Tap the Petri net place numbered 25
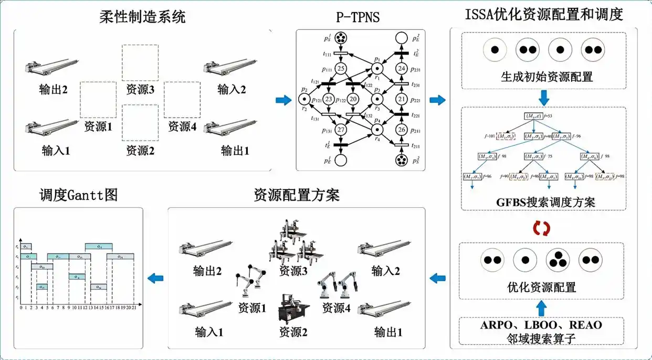(x=342, y=69)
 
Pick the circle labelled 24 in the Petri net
(x=402, y=69)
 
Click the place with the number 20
(x=353, y=99)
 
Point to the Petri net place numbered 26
(x=402, y=130)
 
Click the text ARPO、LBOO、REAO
(x=541, y=325)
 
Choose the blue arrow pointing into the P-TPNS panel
(x=283, y=100)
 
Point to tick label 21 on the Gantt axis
(x=134, y=308)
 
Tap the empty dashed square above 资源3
(x=140, y=62)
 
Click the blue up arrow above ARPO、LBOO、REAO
(x=541, y=304)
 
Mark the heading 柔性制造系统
(x=142, y=17)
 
